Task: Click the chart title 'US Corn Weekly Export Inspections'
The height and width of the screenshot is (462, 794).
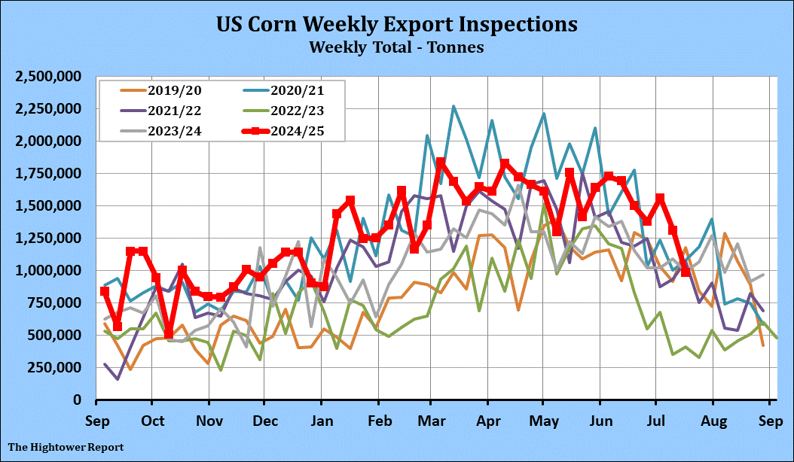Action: coord(397,24)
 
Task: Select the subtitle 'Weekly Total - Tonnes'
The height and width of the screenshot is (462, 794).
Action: coord(396,47)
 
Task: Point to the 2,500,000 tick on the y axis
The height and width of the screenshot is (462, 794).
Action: coord(50,77)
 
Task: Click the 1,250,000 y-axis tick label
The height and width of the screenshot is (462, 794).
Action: coord(50,239)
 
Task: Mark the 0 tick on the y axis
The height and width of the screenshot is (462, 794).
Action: coord(78,400)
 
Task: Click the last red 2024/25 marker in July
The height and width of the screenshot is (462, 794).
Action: coord(686,272)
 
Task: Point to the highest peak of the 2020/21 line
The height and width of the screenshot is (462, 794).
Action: coord(453,107)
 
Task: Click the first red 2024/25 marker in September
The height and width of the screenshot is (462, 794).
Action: coord(105,291)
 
